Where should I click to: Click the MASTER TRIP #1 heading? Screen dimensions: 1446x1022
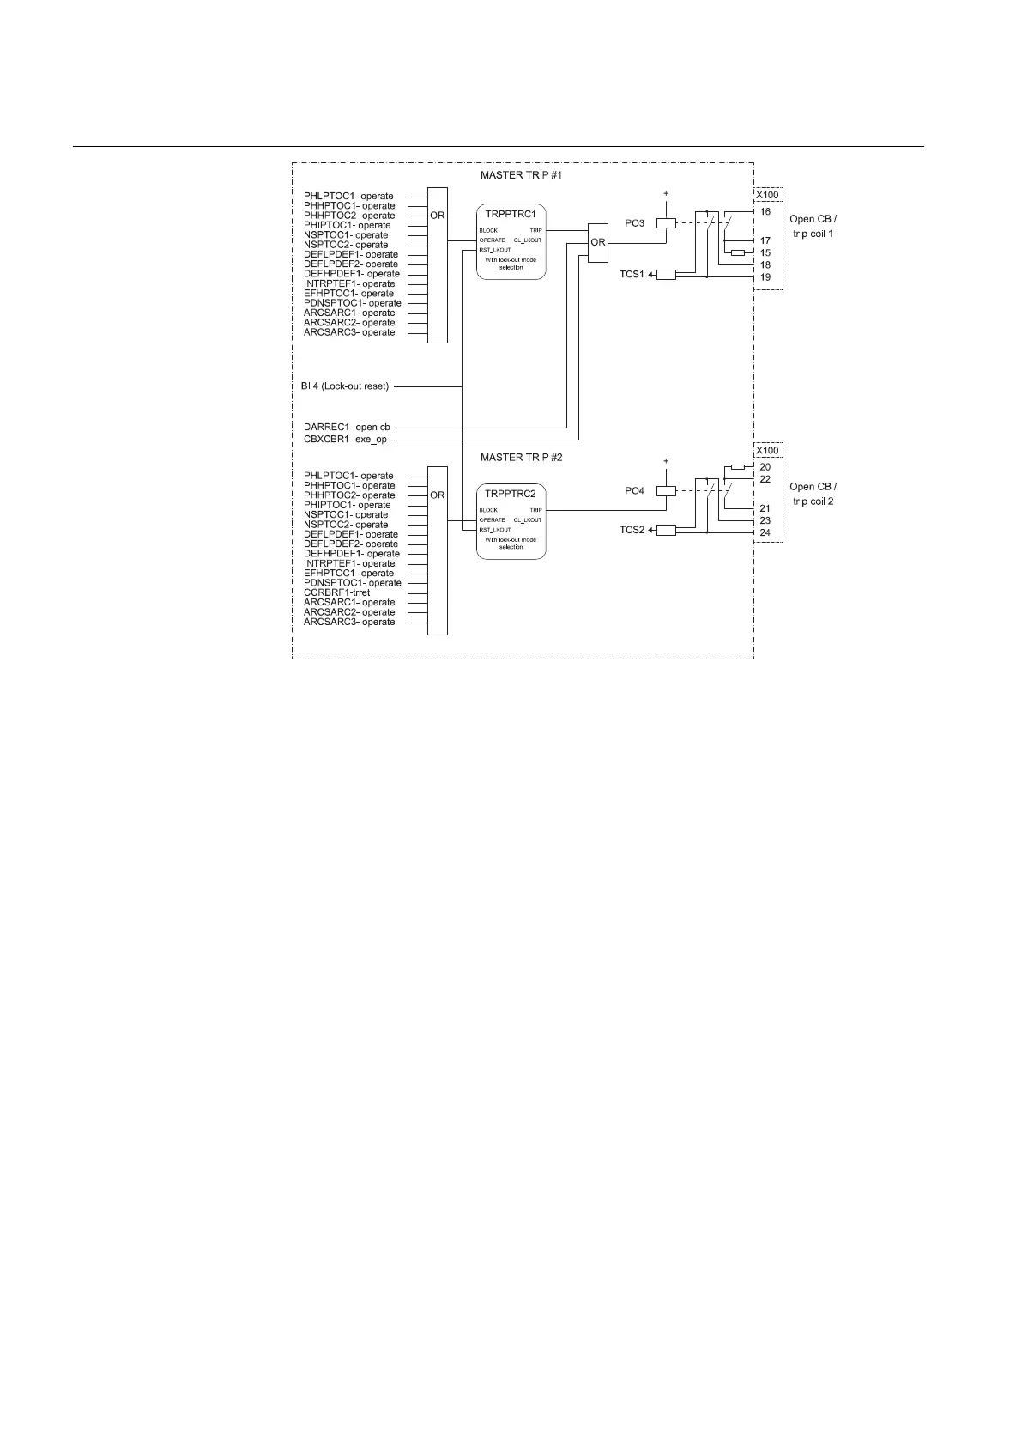coord(521,175)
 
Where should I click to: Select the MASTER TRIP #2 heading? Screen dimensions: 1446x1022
coord(521,458)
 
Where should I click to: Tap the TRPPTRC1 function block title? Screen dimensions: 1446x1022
coord(511,213)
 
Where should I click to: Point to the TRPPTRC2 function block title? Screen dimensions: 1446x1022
coord(511,494)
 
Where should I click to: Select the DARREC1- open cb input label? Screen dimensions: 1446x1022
coord(347,427)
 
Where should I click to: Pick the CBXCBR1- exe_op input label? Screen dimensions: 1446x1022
coord(345,440)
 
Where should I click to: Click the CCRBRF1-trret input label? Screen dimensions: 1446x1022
coord(336,592)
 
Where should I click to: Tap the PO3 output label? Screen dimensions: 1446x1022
coord(634,223)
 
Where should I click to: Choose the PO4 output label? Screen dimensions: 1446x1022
coord(634,491)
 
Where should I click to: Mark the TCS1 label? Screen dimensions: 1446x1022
coord(632,275)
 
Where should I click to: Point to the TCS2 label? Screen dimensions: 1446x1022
coord(632,531)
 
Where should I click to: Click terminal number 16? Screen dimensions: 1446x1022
coord(765,210)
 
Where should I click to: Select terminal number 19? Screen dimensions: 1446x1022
coord(765,277)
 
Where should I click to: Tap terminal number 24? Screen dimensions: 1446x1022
coord(765,532)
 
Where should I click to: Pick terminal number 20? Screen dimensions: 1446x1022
coord(765,466)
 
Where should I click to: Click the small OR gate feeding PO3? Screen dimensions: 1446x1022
coord(597,242)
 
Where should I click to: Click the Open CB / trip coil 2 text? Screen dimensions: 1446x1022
coord(813,494)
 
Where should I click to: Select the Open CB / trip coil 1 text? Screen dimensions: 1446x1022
coord(813,226)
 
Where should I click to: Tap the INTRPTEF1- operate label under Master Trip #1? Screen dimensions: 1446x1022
coord(349,283)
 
